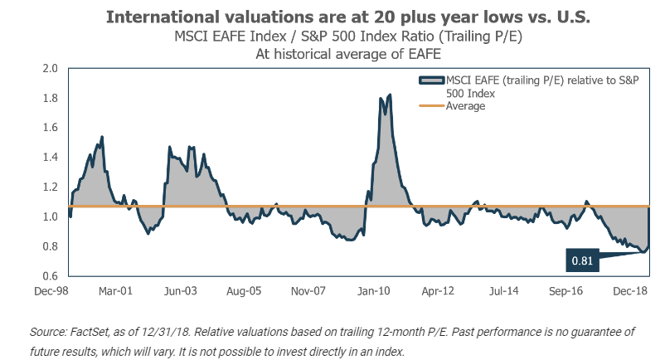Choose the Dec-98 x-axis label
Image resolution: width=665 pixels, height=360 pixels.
[51, 292]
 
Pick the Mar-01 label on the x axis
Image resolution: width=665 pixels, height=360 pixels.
[116, 292]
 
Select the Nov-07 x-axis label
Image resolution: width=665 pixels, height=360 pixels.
[309, 292]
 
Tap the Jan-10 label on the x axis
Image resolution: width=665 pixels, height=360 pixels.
[374, 292]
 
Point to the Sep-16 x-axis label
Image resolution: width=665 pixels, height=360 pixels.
[567, 292]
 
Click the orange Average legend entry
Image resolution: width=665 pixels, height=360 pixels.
[465, 106]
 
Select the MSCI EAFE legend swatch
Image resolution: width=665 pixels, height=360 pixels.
[433, 80]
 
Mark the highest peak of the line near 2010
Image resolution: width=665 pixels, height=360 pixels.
[390, 95]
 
